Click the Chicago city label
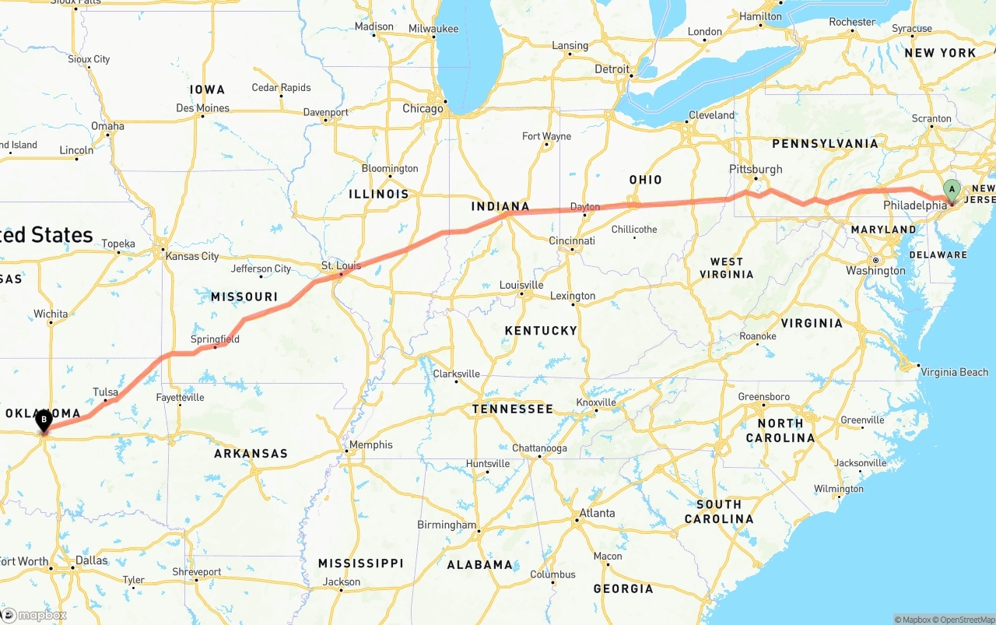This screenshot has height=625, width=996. tap(423, 109)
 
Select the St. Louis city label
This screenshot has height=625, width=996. tap(341, 266)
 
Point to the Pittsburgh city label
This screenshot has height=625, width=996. tap(756, 169)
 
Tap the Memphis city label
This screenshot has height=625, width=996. tap(371, 445)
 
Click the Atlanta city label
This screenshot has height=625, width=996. tap(597, 513)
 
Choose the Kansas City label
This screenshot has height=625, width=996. tap(192, 256)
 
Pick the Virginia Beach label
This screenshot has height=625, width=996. tap(954, 372)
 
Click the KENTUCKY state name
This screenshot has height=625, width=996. tap(541, 331)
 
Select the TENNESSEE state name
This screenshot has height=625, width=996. tap(513, 409)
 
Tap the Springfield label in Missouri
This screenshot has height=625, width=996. tap(215, 339)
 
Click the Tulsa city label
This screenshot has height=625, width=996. tap(105, 392)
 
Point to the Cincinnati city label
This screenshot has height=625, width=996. tap(572, 241)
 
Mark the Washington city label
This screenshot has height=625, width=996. tap(875, 271)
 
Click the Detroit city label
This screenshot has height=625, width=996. tap(612, 69)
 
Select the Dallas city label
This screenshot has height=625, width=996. tap(92, 560)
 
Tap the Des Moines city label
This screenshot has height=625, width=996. tap(202, 108)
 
